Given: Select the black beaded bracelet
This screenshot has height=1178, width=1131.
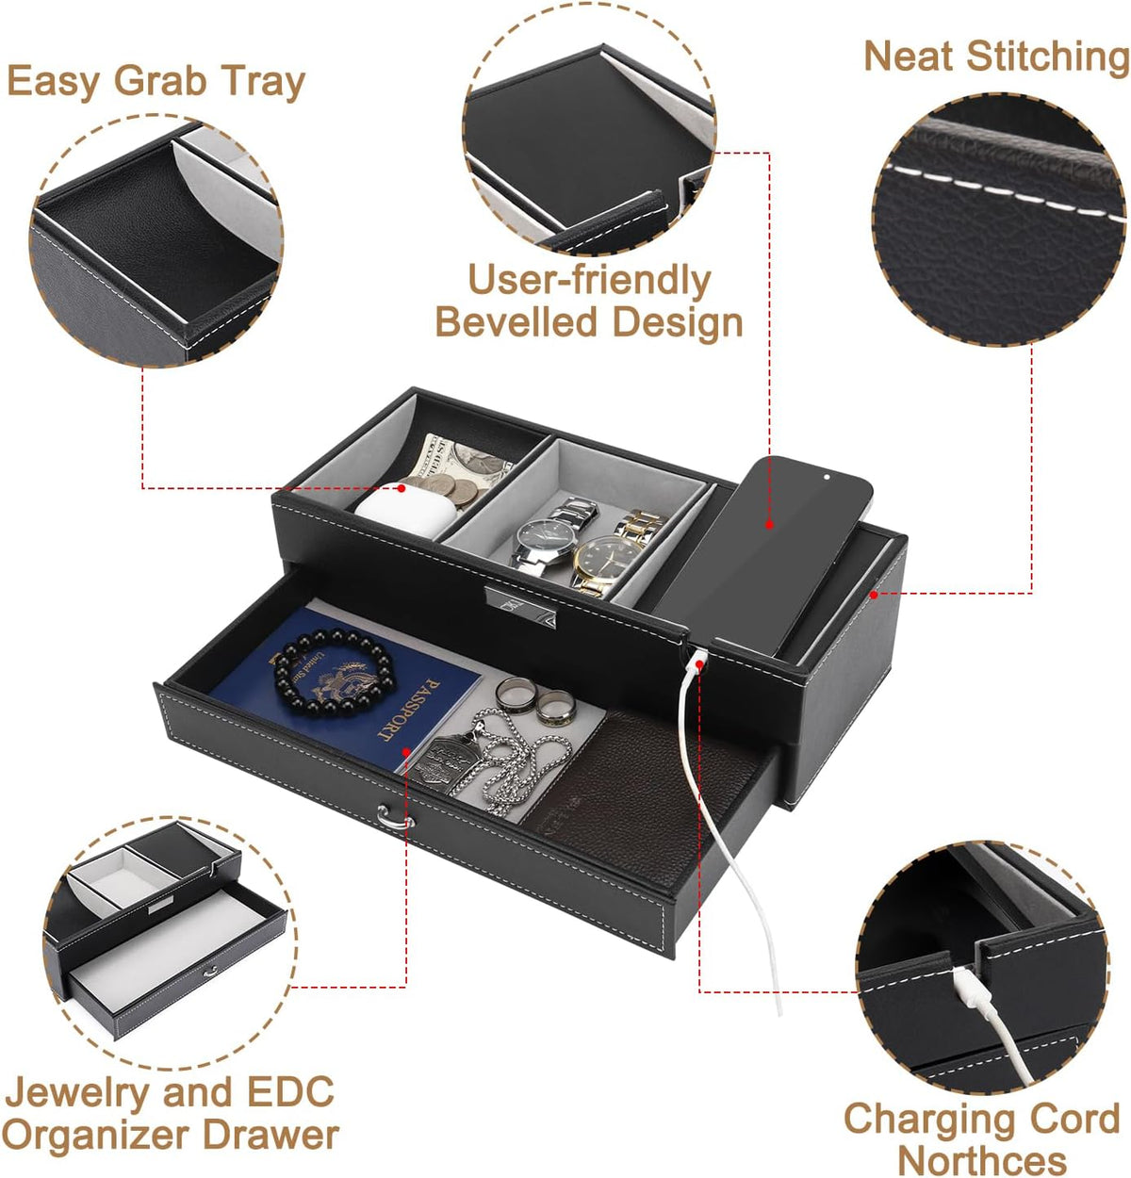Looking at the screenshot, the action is (x=334, y=672).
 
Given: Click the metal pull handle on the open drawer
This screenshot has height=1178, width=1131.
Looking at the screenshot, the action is (x=395, y=817).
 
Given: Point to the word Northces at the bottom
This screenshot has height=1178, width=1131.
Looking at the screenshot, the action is (x=981, y=1162).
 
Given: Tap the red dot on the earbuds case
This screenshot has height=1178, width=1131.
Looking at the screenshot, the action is (x=402, y=487).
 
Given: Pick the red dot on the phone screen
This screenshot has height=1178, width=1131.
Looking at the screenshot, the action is (x=769, y=524).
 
